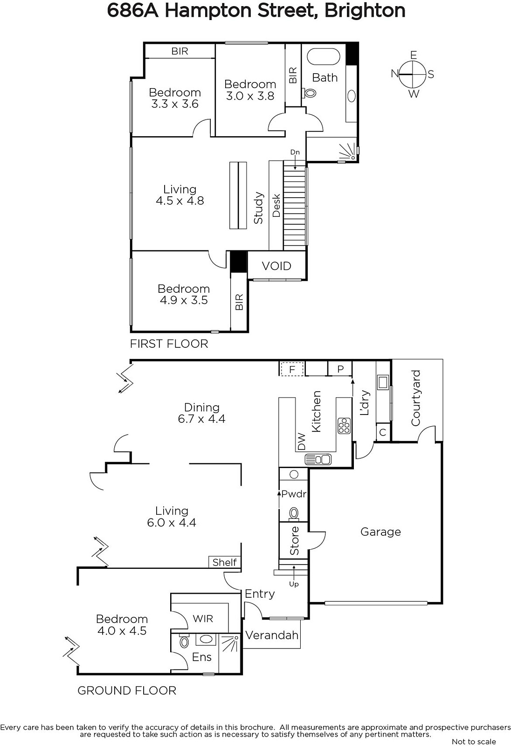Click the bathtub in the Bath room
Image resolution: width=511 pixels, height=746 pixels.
tap(323, 56)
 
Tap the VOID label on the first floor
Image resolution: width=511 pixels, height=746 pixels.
tap(276, 266)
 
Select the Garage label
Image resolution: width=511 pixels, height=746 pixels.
tap(380, 532)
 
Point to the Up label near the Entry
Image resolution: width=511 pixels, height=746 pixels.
tap(294, 584)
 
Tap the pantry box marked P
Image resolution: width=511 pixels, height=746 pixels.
tap(340, 369)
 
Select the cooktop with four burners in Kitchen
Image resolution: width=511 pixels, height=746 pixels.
tap(344, 426)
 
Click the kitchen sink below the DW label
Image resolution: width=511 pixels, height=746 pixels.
tap(318, 460)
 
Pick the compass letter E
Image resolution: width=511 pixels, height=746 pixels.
tap(414, 55)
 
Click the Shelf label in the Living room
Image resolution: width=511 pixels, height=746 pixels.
tap(225, 562)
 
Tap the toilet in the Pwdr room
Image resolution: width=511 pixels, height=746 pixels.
tap(294, 514)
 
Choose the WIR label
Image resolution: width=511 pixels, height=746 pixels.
tap(202, 619)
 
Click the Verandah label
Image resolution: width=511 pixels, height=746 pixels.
tap(272, 635)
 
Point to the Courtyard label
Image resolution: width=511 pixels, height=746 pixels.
tap(416, 398)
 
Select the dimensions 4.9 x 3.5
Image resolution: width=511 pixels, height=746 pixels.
tap(184, 300)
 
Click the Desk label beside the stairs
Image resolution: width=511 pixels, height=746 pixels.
tap(276, 206)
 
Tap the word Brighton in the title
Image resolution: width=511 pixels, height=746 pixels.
tap(365, 11)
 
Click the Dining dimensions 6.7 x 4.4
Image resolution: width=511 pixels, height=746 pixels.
tap(201, 419)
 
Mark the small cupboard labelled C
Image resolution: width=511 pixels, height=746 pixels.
tap(383, 432)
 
